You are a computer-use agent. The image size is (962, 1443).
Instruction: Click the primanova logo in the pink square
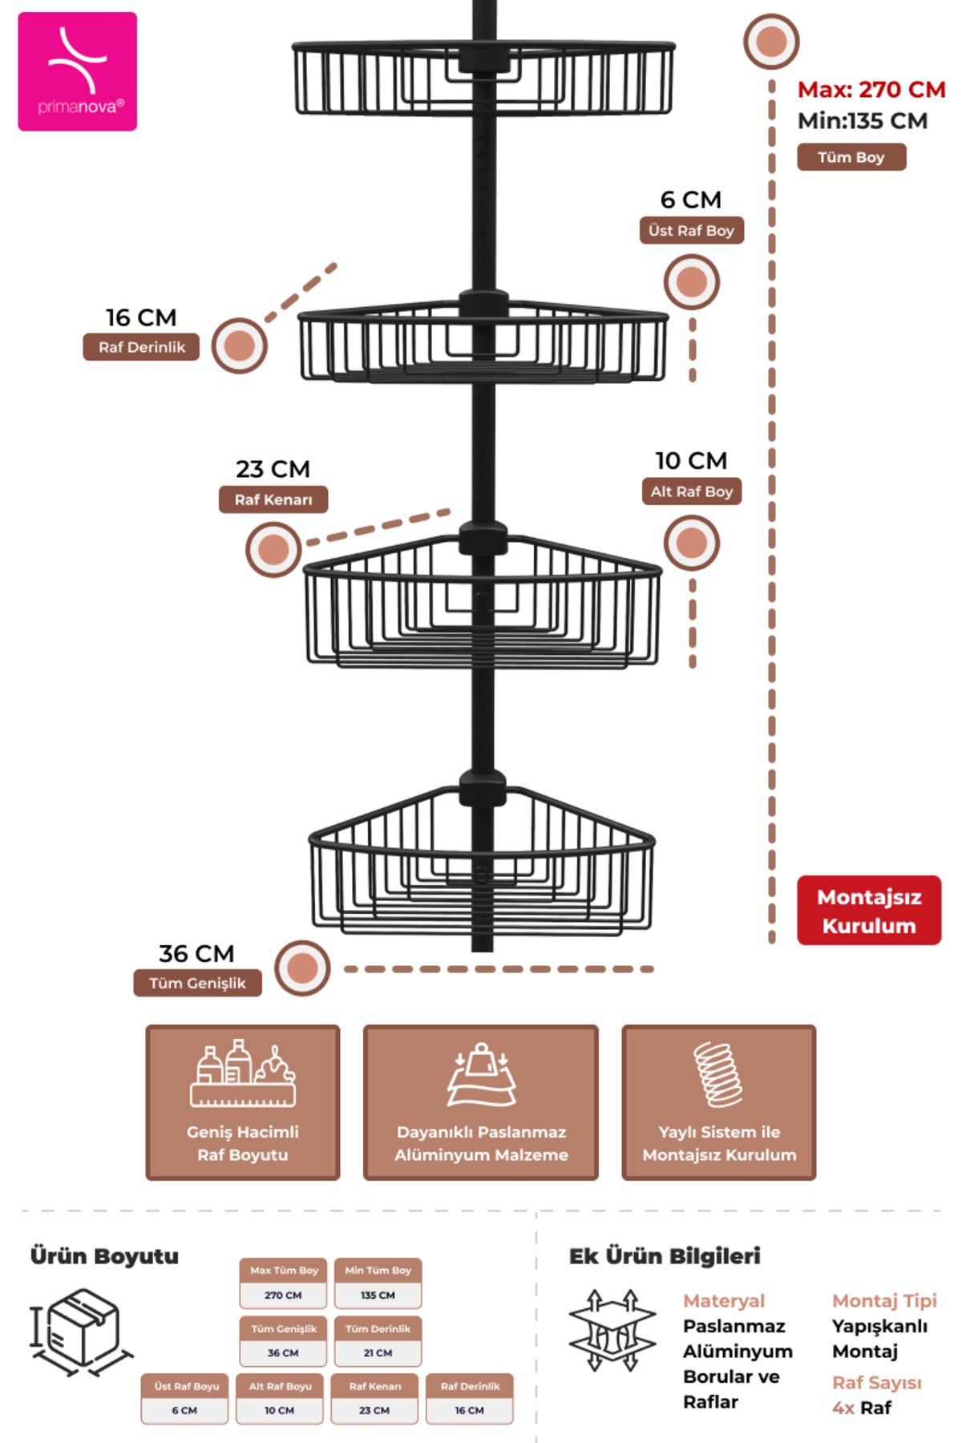coord(78,71)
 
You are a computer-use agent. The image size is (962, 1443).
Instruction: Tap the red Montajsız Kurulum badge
coord(869,911)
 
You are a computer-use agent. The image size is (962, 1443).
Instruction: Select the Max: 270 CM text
coord(871,89)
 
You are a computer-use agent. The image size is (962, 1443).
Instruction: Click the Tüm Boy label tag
coord(851,157)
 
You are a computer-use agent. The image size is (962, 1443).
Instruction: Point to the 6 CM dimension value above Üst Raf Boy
coord(691,200)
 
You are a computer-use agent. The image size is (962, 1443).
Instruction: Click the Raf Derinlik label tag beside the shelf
coord(141,347)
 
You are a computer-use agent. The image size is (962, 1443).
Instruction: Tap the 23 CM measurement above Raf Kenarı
coord(273,469)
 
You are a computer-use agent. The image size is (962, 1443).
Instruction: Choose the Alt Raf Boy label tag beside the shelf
coord(692,491)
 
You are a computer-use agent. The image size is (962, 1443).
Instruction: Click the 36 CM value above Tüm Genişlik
coord(196,954)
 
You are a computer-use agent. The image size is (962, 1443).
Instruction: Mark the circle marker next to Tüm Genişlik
coord(302,968)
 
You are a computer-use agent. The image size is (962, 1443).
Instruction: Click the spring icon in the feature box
coord(718,1074)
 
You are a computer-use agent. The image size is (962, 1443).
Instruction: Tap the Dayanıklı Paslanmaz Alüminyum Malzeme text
coord(481,1143)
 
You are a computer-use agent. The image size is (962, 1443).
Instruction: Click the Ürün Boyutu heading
coord(104,1256)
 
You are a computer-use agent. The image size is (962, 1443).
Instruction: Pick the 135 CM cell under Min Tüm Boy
coord(378,1295)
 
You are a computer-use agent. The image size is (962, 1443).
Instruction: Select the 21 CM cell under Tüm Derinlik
coord(378,1352)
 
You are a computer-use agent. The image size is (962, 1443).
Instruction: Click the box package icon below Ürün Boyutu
coord(80,1332)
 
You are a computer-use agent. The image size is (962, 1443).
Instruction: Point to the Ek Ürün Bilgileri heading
coord(665,1256)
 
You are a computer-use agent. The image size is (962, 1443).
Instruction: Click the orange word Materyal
coord(724,1301)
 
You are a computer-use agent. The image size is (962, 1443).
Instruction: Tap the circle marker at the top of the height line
coord(771,41)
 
